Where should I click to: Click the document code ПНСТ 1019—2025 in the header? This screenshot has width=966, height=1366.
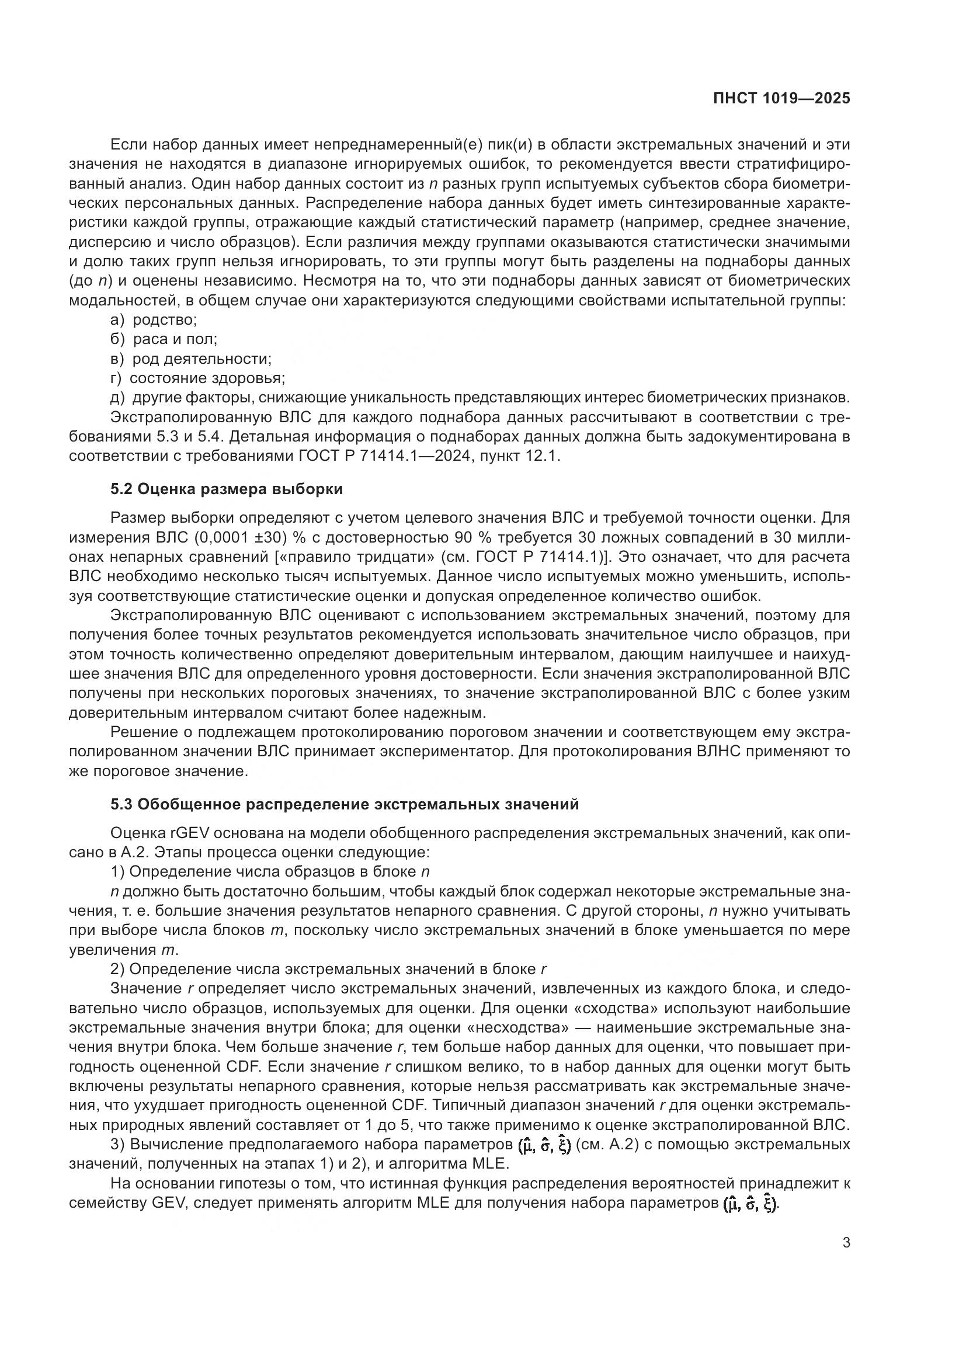[x=781, y=99]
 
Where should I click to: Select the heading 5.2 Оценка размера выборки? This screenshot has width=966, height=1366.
[x=227, y=489]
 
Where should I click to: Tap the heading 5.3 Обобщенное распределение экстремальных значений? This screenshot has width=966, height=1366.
[x=345, y=804]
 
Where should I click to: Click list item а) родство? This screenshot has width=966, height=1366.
[x=154, y=319]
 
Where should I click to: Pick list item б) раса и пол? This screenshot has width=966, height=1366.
[x=164, y=339]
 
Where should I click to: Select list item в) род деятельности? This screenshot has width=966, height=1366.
[x=191, y=359]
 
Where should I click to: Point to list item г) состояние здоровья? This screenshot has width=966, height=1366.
[x=197, y=378]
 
